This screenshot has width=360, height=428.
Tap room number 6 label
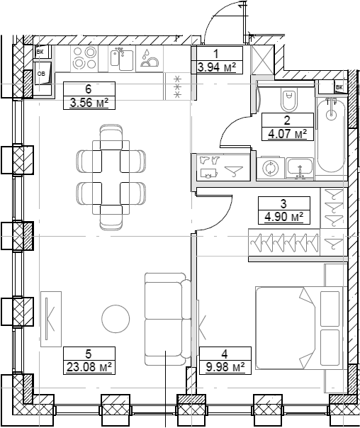pos(89,89)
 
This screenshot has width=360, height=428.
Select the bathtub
pos(331,135)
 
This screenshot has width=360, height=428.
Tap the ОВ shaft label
pos(41,72)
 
